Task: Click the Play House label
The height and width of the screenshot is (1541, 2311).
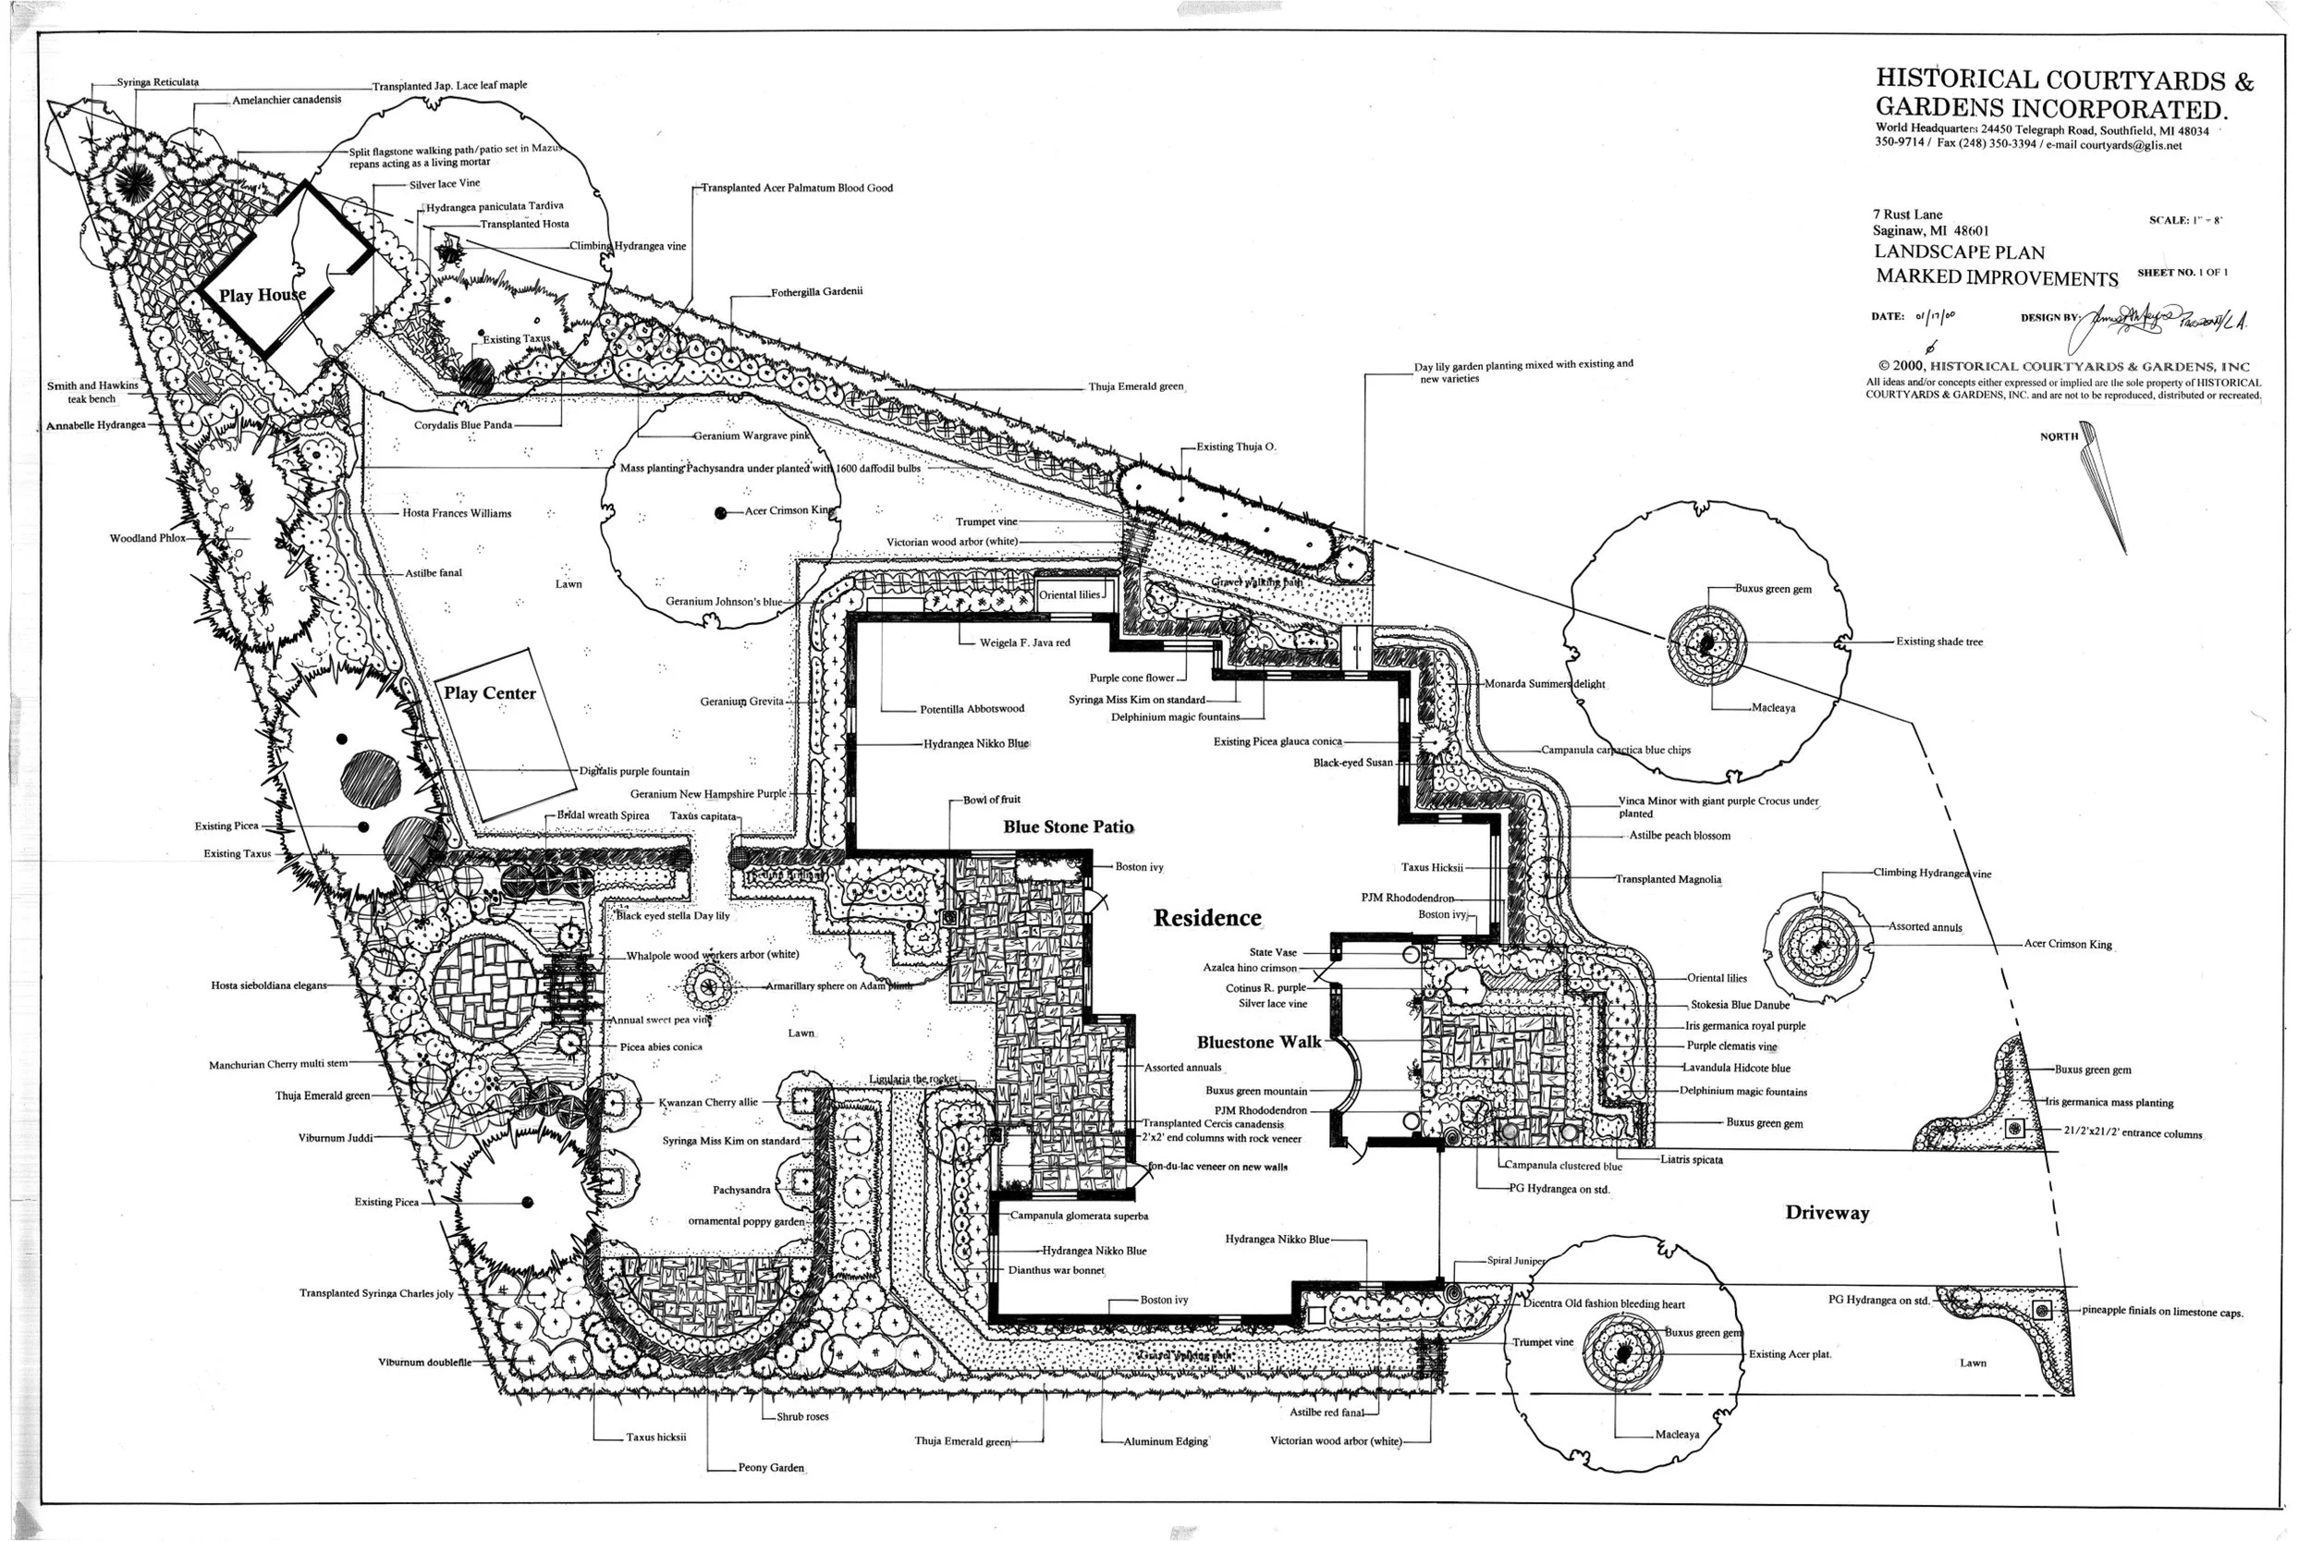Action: (262, 295)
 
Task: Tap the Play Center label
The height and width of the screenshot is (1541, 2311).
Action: (489, 693)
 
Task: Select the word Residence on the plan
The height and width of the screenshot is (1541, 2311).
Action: (1206, 918)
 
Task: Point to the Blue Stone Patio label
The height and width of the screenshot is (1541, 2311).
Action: (1068, 827)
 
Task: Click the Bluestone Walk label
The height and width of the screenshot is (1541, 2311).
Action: (1259, 1043)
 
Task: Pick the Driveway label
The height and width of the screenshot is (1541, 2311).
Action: (1827, 1213)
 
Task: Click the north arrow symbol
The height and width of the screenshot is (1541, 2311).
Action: (2104, 486)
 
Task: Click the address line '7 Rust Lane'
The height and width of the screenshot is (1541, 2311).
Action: (1907, 214)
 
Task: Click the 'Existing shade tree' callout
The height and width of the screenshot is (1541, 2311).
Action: (1938, 642)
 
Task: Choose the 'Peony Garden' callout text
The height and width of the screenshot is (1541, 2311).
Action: (770, 1468)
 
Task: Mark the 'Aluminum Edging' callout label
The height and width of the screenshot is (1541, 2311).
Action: (1166, 1442)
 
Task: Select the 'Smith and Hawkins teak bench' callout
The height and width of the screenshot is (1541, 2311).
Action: (92, 392)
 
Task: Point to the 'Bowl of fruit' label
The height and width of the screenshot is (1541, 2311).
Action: (991, 800)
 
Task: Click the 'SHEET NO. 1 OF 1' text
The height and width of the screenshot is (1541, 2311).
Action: (2183, 272)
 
